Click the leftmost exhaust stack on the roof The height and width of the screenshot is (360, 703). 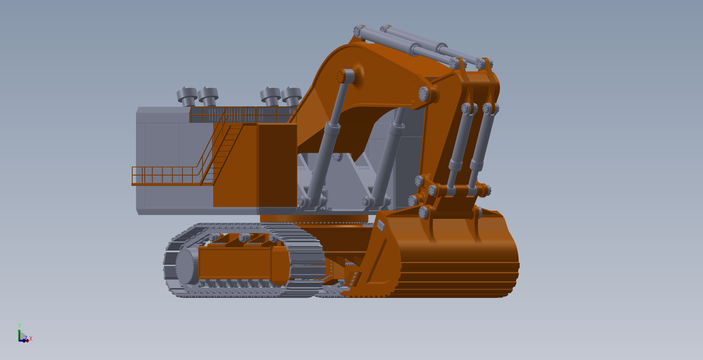point(187,97)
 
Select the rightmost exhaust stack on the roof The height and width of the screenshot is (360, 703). point(291,97)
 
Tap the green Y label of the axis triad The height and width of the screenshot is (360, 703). point(19,325)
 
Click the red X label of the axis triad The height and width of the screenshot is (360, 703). point(31,339)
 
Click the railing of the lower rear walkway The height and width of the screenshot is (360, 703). point(165,175)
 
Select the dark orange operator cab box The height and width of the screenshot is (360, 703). point(278,165)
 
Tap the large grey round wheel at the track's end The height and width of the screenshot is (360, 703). point(186,266)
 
